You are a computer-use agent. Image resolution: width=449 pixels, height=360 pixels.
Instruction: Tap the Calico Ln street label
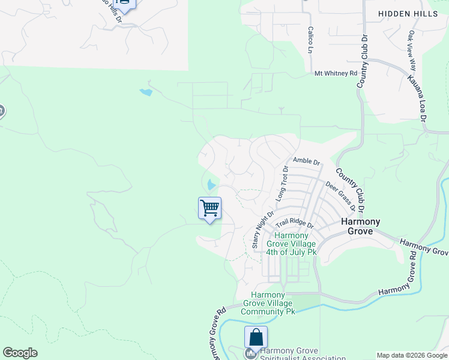[310, 40]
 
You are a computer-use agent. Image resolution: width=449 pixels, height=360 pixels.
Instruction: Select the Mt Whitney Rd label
[336, 73]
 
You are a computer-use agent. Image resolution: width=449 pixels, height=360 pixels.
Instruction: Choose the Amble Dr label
[306, 161]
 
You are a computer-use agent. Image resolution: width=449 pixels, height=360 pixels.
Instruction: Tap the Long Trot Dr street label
[282, 182]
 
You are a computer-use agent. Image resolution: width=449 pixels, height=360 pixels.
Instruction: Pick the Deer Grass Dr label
[340, 196]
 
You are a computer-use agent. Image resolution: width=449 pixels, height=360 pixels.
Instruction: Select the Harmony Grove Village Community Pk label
[268, 303]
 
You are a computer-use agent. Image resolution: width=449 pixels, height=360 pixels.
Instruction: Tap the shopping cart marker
[209, 209]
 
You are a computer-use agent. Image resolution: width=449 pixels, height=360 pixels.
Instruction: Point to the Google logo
[20, 353]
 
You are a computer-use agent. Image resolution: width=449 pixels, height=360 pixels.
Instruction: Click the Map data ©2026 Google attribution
[411, 355]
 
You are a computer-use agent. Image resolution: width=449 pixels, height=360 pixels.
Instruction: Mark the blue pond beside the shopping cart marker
[211, 185]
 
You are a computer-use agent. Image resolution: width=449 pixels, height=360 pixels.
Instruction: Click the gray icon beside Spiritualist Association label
[250, 353]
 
